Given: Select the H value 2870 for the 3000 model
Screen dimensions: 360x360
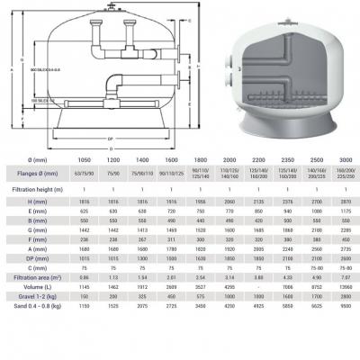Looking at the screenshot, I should [341, 229].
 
